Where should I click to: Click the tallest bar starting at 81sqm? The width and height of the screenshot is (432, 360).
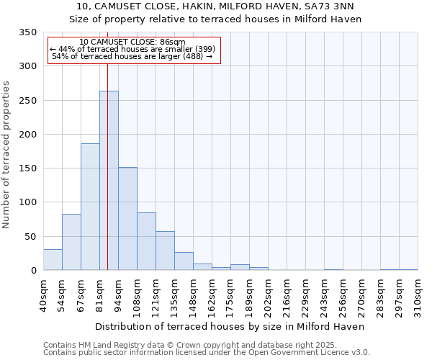109,181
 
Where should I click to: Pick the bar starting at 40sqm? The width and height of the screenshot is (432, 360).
53,260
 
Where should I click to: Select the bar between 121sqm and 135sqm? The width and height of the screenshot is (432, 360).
165,251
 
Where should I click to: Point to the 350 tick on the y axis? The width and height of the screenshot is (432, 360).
28,32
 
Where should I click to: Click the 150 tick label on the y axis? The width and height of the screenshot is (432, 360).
28,168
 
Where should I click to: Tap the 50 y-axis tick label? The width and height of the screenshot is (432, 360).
31,237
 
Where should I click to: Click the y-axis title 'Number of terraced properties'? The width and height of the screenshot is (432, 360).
6,155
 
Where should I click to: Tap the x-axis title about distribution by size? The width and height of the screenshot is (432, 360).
230,326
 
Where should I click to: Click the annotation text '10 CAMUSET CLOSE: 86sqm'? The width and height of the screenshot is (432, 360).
132,42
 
